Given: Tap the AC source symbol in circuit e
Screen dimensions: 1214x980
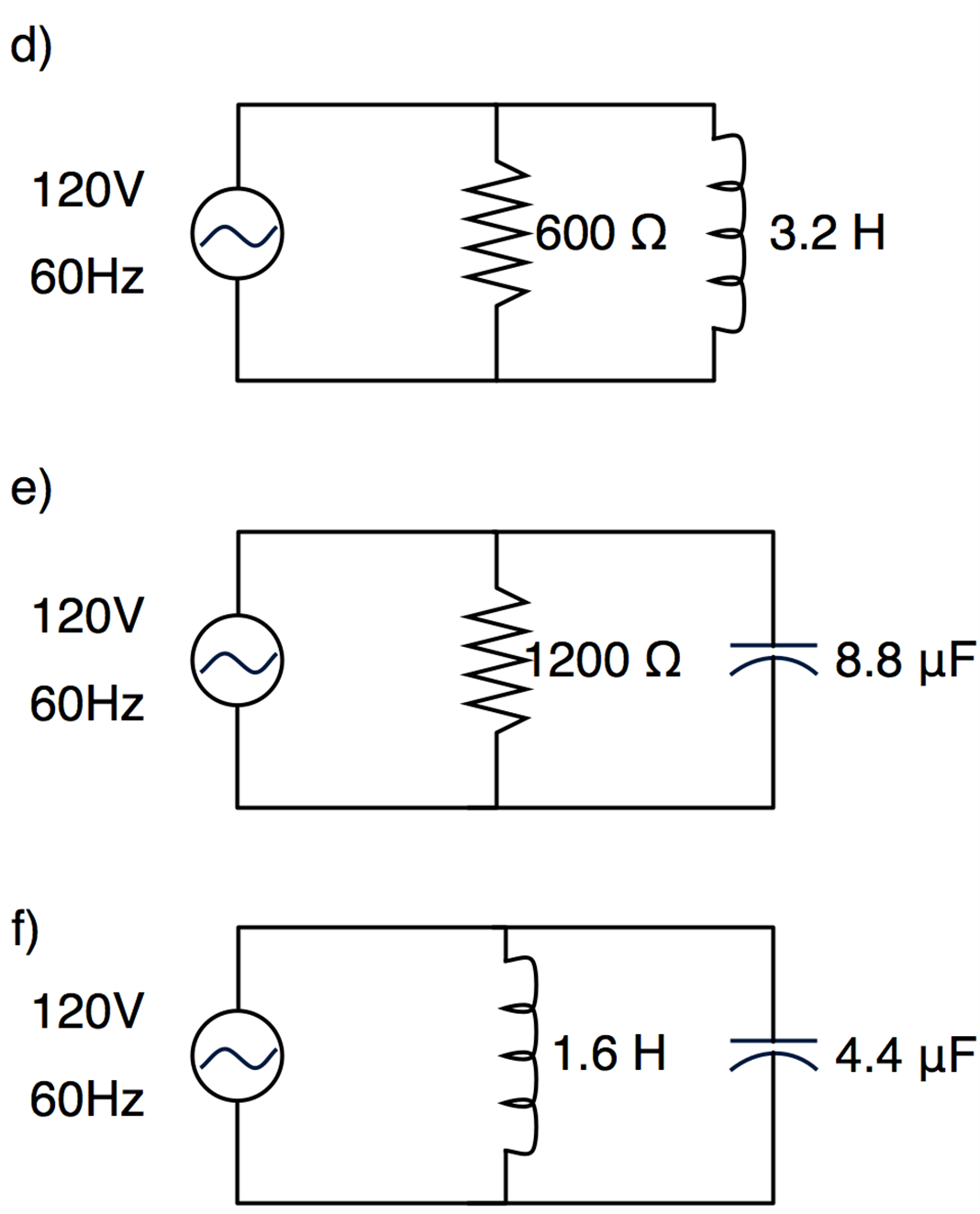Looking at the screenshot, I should click(237, 661).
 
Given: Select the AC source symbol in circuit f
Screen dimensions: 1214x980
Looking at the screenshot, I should click(237, 1056).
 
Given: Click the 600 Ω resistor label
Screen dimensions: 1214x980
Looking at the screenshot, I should click(601, 233).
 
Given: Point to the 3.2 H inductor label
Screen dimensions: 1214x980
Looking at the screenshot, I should click(827, 233).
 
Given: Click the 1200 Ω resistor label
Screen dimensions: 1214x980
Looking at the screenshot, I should click(604, 661).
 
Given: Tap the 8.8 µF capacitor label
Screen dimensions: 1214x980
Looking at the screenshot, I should click(905, 661).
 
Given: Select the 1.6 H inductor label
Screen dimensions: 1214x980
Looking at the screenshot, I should click(609, 1053).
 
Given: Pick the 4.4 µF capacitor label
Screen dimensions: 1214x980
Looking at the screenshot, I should click(905, 1056).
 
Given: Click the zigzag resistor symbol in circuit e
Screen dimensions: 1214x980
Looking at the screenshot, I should click(497, 661).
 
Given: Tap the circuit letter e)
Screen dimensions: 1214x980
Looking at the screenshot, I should click(30, 488).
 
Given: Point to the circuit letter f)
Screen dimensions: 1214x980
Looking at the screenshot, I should click(25, 929).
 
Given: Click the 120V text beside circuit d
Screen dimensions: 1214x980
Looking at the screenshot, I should click(87, 191).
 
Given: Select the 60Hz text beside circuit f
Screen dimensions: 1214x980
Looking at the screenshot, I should click(87, 1099).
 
